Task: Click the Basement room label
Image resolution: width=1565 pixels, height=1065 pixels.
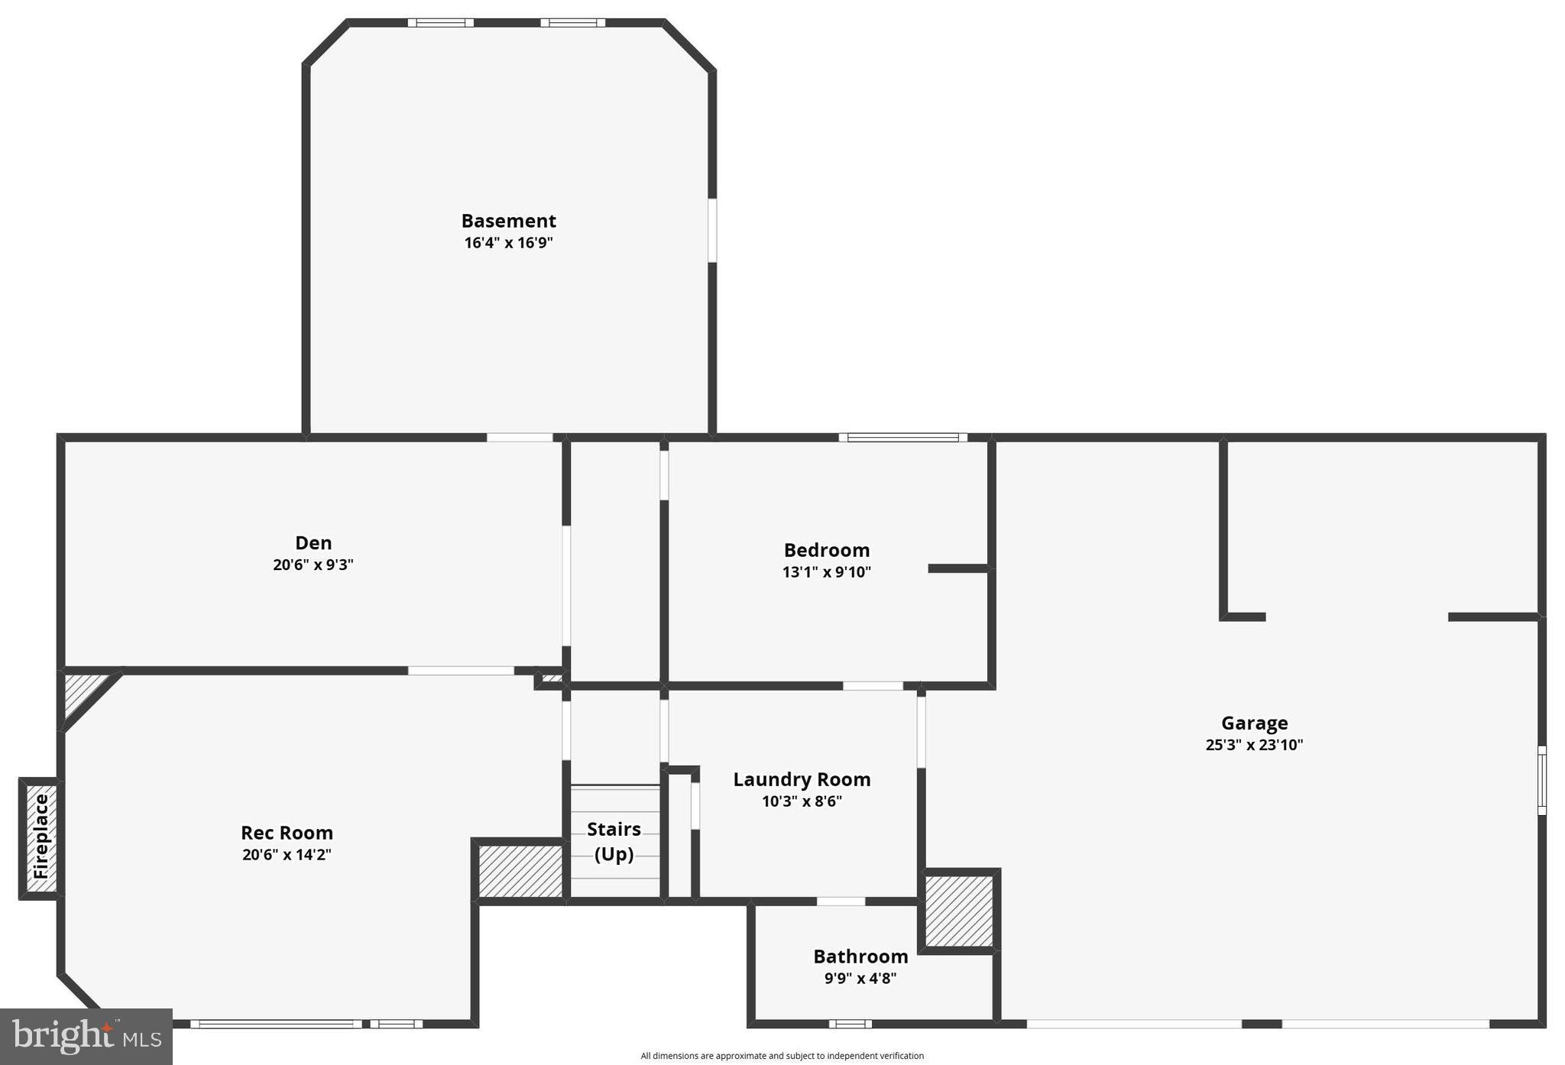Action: click(508, 221)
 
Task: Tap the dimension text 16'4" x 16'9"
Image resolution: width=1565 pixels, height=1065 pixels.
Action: click(508, 243)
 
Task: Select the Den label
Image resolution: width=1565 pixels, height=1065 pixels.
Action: click(313, 543)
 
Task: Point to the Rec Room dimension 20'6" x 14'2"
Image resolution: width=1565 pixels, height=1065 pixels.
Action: click(287, 855)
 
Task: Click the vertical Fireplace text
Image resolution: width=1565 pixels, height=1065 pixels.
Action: click(41, 837)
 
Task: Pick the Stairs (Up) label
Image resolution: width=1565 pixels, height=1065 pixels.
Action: click(614, 841)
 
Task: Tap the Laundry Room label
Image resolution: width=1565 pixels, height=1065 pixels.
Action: click(802, 779)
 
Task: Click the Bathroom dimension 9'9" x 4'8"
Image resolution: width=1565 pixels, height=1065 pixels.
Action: click(860, 978)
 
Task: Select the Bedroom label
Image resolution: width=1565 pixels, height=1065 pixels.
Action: click(827, 550)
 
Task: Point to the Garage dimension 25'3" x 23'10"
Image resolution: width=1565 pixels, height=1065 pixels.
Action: click(1254, 745)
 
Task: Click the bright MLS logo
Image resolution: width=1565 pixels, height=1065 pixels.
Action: click(86, 1036)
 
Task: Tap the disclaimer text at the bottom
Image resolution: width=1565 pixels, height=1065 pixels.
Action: click(782, 1056)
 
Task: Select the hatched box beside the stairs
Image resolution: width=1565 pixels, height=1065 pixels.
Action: click(520, 870)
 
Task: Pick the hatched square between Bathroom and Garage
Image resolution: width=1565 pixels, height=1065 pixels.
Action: click(959, 911)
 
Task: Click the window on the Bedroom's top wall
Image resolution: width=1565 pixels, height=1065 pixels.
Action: click(902, 438)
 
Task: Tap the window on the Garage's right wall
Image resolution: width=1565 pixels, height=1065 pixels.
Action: click(1541, 780)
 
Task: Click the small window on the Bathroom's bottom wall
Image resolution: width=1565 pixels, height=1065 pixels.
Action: click(850, 1024)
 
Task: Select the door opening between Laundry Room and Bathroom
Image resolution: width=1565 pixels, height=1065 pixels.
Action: click(841, 902)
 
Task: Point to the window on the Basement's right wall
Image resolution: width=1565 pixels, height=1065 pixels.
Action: click(712, 230)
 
